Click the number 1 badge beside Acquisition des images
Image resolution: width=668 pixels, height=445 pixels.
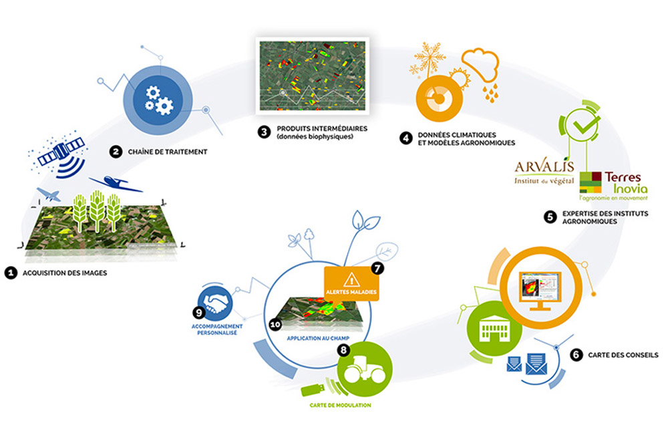[11, 273]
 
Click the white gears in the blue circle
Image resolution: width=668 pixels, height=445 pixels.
[158, 100]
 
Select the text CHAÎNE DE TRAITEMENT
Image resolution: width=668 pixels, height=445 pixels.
[168, 152]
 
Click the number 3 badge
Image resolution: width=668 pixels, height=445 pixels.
[264, 132]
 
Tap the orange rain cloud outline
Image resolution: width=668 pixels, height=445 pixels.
[480, 64]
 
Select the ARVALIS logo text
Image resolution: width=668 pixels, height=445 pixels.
[544, 166]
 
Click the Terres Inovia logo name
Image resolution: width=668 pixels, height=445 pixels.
[625, 183]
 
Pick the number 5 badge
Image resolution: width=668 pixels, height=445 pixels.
[550, 217]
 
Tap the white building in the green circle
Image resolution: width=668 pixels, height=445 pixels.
[494, 328]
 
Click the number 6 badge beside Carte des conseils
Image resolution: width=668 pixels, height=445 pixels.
[576, 355]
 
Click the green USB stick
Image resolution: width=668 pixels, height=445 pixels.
[313, 389]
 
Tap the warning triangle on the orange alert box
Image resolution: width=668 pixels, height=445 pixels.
[351, 280]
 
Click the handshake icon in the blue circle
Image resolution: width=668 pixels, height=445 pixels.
[216, 302]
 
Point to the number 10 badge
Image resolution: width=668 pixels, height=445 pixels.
[275, 325]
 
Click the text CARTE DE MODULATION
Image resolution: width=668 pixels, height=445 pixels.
[340, 406]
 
